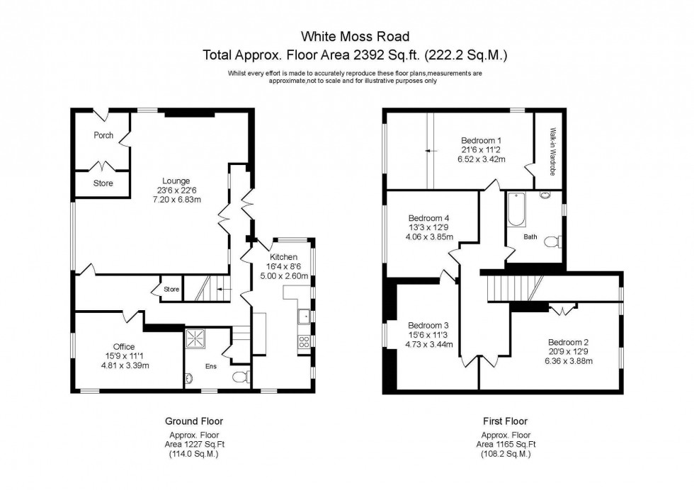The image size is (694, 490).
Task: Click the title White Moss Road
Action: [x=355, y=36]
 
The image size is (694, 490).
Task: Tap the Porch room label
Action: [x=103, y=135]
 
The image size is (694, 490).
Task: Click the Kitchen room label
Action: [x=283, y=256]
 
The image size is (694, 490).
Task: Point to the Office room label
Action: [x=124, y=346]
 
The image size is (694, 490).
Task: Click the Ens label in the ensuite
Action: [x=211, y=366]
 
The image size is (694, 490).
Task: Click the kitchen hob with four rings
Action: [x=304, y=342]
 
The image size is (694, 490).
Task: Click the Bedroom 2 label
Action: [x=568, y=341]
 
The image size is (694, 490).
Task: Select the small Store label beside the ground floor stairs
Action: [x=171, y=289]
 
